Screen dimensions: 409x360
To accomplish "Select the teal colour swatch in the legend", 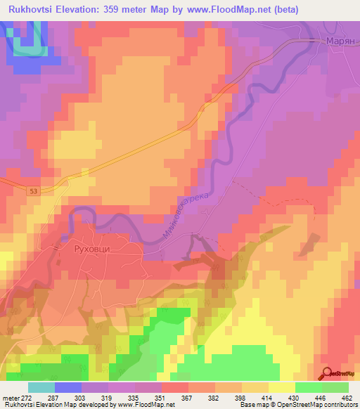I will coord(41,387).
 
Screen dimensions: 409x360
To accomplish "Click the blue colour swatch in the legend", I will coord(68,387).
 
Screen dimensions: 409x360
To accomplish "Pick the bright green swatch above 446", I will coord(309,387).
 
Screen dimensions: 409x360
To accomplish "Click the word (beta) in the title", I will coord(288,10).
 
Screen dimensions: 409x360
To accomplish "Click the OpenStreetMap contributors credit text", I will coord(316,405).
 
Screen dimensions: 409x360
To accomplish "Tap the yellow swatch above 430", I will coord(282,387).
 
